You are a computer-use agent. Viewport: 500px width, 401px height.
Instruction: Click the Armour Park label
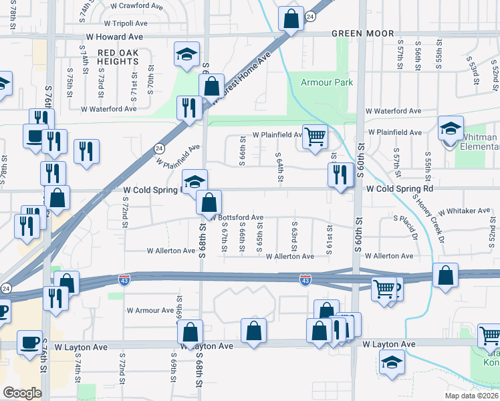point(326,82)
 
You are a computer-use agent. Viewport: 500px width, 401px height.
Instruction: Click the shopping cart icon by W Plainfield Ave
point(315,137)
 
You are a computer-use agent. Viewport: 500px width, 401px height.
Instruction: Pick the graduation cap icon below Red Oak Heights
point(187,54)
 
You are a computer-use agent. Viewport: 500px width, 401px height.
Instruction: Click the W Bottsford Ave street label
point(238,218)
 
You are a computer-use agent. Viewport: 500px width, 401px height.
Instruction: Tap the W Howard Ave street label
point(114,36)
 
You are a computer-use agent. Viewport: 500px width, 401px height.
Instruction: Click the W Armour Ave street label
point(150,310)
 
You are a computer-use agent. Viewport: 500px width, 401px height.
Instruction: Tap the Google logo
point(22,393)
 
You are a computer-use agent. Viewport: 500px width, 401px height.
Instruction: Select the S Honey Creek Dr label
point(429,218)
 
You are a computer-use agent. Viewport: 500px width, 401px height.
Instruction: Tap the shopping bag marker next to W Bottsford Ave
point(209,202)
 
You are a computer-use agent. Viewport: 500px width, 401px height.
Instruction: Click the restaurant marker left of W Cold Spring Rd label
point(341,176)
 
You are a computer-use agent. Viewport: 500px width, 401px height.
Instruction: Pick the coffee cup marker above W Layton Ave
point(30,343)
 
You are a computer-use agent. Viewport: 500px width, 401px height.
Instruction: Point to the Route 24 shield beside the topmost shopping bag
point(310,16)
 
